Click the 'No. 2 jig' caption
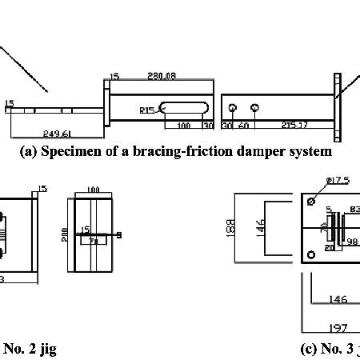coord(30,348)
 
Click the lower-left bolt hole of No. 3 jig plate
coord(311,256)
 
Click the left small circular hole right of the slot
coord(232,108)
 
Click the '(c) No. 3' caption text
coord(329,348)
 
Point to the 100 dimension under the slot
coord(183,126)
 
